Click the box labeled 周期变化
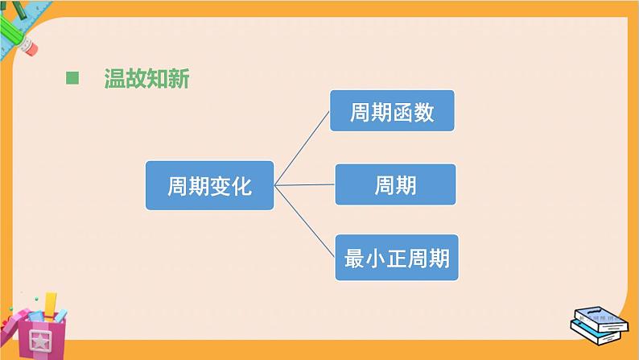click(209, 186)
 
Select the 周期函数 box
click(392, 110)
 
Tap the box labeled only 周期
click(395, 184)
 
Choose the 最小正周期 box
click(396, 258)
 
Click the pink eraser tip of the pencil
click(29, 48)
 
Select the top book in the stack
click(596, 316)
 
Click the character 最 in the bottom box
click(353, 259)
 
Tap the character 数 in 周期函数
click(424, 111)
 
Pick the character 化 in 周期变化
click(241, 187)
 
